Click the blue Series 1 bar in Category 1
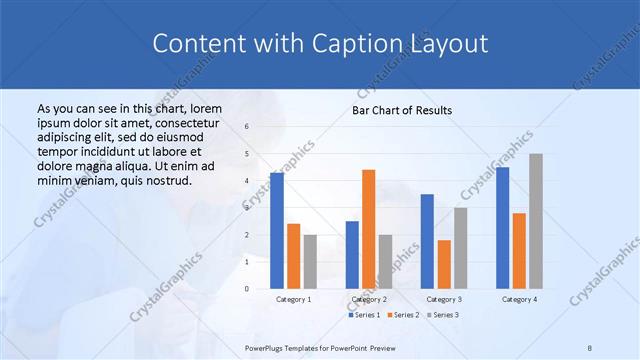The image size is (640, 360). (x=277, y=231)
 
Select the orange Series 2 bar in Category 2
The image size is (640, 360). (x=368, y=229)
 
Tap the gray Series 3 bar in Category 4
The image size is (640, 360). (x=535, y=221)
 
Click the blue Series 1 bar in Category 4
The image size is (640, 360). (x=502, y=228)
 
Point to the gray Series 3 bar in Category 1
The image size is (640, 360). (x=310, y=262)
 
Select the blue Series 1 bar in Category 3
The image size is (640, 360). (x=427, y=241)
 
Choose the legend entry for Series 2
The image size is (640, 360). (x=403, y=315)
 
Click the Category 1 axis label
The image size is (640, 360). (x=294, y=299)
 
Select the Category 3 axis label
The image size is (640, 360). (x=444, y=299)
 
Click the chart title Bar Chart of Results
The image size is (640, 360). (x=402, y=110)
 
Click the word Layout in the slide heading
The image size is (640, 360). (x=453, y=44)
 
